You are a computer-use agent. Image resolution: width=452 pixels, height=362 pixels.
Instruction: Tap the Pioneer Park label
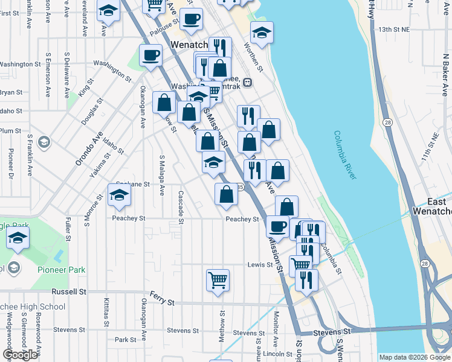pyautogui.click(x=61, y=270)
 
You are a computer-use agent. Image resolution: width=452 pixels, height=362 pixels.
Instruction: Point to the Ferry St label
pyautogui.click(x=162, y=301)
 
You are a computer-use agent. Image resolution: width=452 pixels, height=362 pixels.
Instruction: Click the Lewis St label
pyautogui.click(x=261, y=265)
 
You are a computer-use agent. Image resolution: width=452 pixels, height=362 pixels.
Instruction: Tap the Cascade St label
pyautogui.click(x=181, y=206)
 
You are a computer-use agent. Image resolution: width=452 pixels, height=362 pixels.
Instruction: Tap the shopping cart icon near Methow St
pyautogui.click(x=218, y=280)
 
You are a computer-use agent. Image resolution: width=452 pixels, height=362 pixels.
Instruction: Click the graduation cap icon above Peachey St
pyautogui.click(x=120, y=195)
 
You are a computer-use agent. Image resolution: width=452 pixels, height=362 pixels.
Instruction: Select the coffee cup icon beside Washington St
pyautogui.click(x=150, y=56)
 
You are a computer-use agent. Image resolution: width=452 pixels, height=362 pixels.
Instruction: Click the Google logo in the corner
pyautogui.click(x=21, y=355)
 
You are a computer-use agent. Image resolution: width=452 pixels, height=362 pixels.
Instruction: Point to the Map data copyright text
pyautogui.click(x=414, y=357)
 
